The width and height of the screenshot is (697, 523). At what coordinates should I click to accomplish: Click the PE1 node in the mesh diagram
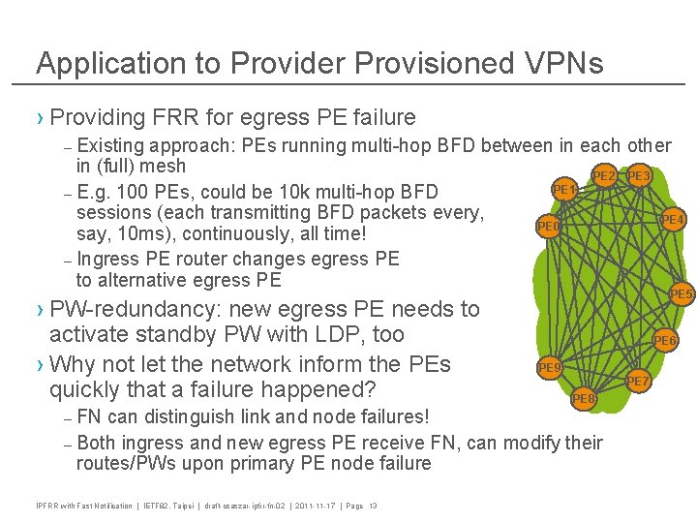(x=564, y=187)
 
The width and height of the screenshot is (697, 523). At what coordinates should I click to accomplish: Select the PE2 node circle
(x=605, y=175)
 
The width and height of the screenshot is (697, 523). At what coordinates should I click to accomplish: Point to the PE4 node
(x=673, y=220)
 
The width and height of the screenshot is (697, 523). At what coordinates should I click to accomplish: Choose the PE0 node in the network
(x=548, y=227)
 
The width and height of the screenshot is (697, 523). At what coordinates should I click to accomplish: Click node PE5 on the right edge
(x=682, y=293)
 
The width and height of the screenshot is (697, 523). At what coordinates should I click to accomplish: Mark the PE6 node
(x=665, y=340)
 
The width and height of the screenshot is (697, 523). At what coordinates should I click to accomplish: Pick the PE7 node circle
(x=638, y=382)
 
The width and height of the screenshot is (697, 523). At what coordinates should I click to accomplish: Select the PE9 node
(x=549, y=368)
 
